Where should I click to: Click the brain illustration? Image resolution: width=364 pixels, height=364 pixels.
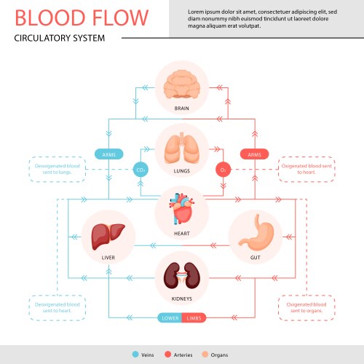181,85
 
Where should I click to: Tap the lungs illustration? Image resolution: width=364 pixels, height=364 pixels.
181,147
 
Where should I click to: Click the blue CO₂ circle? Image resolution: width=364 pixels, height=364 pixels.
141,170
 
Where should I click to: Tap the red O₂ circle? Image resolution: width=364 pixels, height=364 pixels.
223,170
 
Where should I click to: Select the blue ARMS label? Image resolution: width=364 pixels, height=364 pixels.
108,154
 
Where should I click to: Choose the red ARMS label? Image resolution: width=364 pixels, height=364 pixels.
255,154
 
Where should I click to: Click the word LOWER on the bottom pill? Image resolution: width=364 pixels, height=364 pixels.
170,317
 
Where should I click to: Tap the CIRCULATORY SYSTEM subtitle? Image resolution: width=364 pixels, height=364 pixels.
60,38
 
